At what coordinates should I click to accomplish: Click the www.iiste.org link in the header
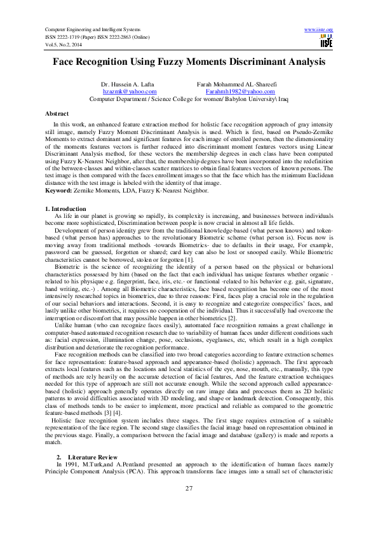pos(319,30)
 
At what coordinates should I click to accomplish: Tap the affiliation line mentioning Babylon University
pos(188,99)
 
